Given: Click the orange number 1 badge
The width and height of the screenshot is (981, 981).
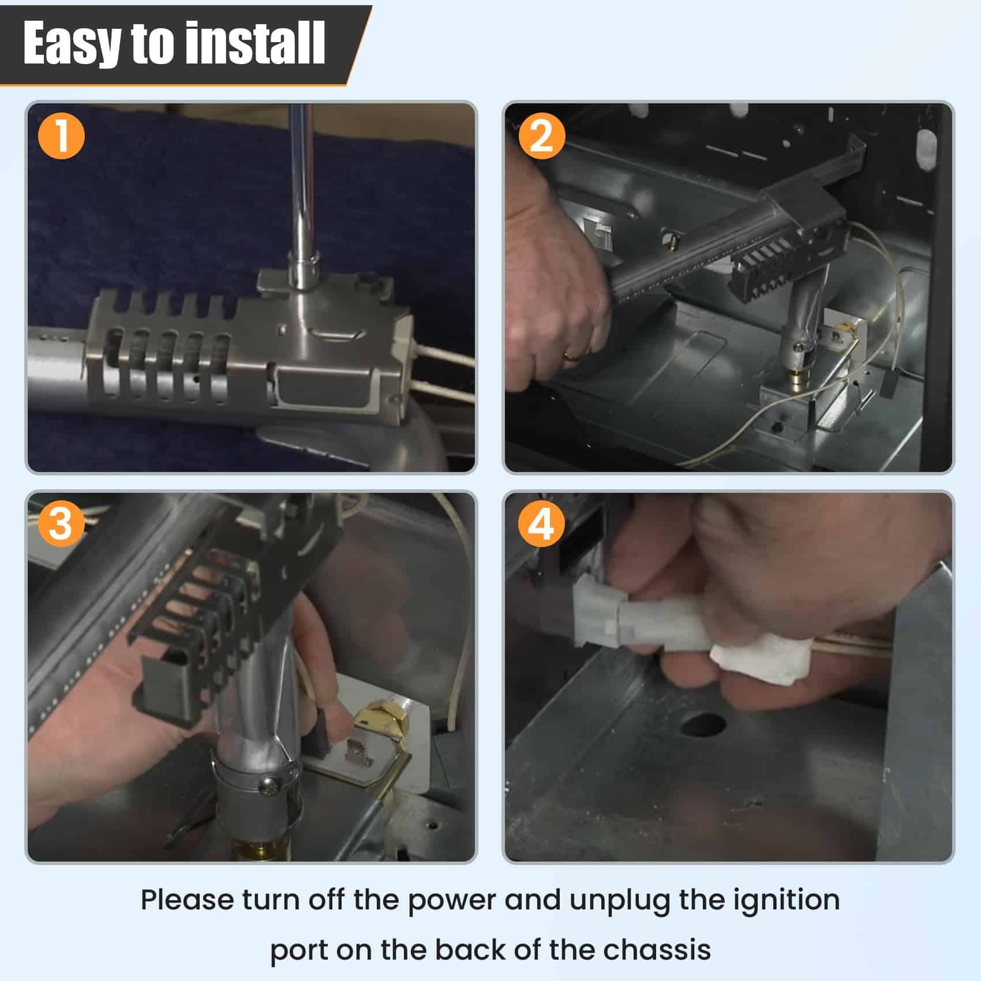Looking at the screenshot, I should click(61, 137).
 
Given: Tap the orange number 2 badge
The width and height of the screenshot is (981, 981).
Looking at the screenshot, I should click(541, 137).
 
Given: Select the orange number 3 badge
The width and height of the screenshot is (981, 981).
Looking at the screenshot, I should click(61, 525).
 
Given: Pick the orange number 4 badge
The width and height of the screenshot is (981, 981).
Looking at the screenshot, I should click(541, 525).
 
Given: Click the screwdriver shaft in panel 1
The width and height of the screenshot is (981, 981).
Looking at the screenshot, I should click(301, 185).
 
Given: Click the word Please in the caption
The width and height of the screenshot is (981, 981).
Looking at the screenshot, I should click(187, 900).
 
